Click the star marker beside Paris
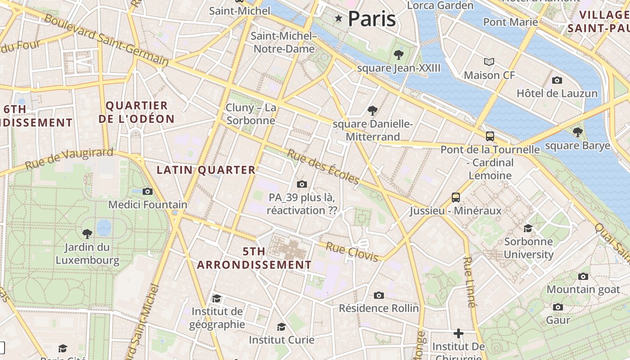coord(338,18)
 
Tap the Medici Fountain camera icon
coord(148,191)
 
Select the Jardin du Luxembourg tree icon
coord(87,234)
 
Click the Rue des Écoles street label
coord(323,167)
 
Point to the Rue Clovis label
coord(351,252)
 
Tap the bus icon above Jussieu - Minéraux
coord(455,197)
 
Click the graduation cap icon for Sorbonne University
coord(528,228)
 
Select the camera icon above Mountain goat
coord(583,276)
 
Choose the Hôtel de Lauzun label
coord(557,94)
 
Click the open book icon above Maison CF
coord(489,62)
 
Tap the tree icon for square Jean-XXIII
coord(398,55)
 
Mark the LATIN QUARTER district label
coord(206,170)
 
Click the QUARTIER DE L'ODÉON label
coord(136,112)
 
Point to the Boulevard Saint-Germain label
coord(106,40)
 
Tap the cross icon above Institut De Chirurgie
coord(458,333)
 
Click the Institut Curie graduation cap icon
coord(281,327)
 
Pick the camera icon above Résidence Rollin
coord(379,295)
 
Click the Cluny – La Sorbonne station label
coord(251,114)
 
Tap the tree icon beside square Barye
coord(577,132)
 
